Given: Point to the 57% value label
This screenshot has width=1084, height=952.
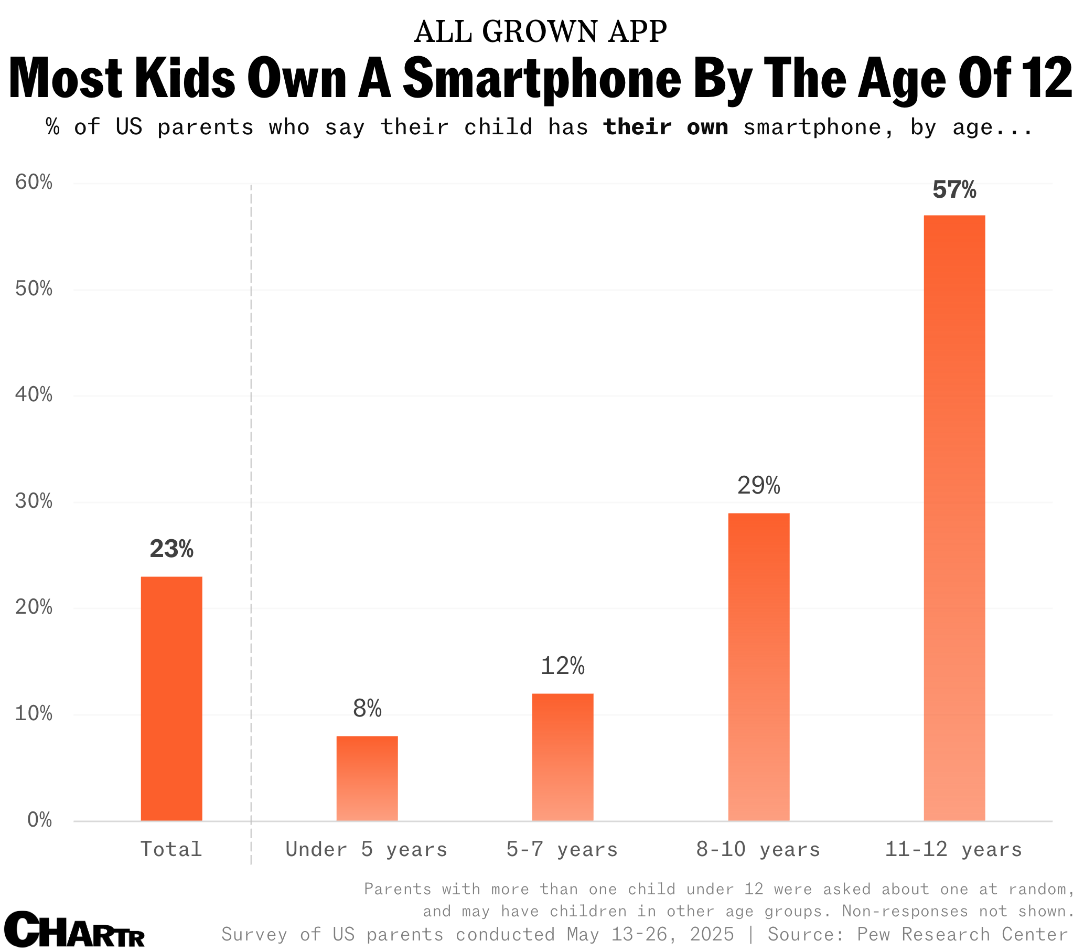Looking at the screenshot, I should [954, 190].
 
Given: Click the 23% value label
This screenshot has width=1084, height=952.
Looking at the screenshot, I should [171, 549].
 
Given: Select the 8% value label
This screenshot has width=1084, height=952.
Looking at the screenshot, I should [367, 709].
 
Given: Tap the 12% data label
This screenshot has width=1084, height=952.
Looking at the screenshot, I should [563, 666].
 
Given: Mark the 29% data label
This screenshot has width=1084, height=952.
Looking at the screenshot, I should [758, 486].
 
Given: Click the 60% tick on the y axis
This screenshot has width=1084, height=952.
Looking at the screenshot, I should [34, 183].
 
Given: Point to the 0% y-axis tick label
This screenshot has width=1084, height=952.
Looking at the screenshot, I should [39, 820].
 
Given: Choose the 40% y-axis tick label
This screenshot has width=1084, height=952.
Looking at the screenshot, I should [34, 395].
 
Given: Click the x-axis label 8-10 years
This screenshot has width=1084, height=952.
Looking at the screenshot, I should [758, 850].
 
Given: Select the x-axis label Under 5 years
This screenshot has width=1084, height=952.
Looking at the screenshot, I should [367, 850].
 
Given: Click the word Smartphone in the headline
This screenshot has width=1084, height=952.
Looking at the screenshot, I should [541, 79].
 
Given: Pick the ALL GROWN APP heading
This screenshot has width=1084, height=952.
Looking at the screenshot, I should [540, 32].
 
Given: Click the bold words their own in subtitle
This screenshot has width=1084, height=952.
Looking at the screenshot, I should [666, 127].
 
